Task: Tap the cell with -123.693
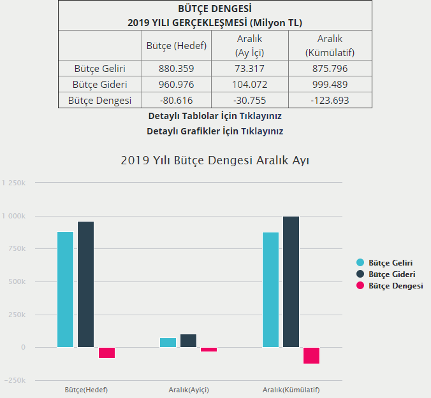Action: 330,100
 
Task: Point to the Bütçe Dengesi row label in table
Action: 99,100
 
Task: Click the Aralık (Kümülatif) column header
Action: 330,46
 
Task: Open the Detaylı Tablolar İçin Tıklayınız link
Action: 215,117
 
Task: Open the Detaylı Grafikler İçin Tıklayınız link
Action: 215,131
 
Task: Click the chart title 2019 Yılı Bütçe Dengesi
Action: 215,160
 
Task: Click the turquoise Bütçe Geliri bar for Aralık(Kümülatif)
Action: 270,290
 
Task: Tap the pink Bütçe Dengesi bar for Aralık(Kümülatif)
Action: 311,355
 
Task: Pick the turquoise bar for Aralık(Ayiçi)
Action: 168,343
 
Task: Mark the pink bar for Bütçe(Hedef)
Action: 106,353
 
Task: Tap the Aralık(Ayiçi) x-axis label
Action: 189,390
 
